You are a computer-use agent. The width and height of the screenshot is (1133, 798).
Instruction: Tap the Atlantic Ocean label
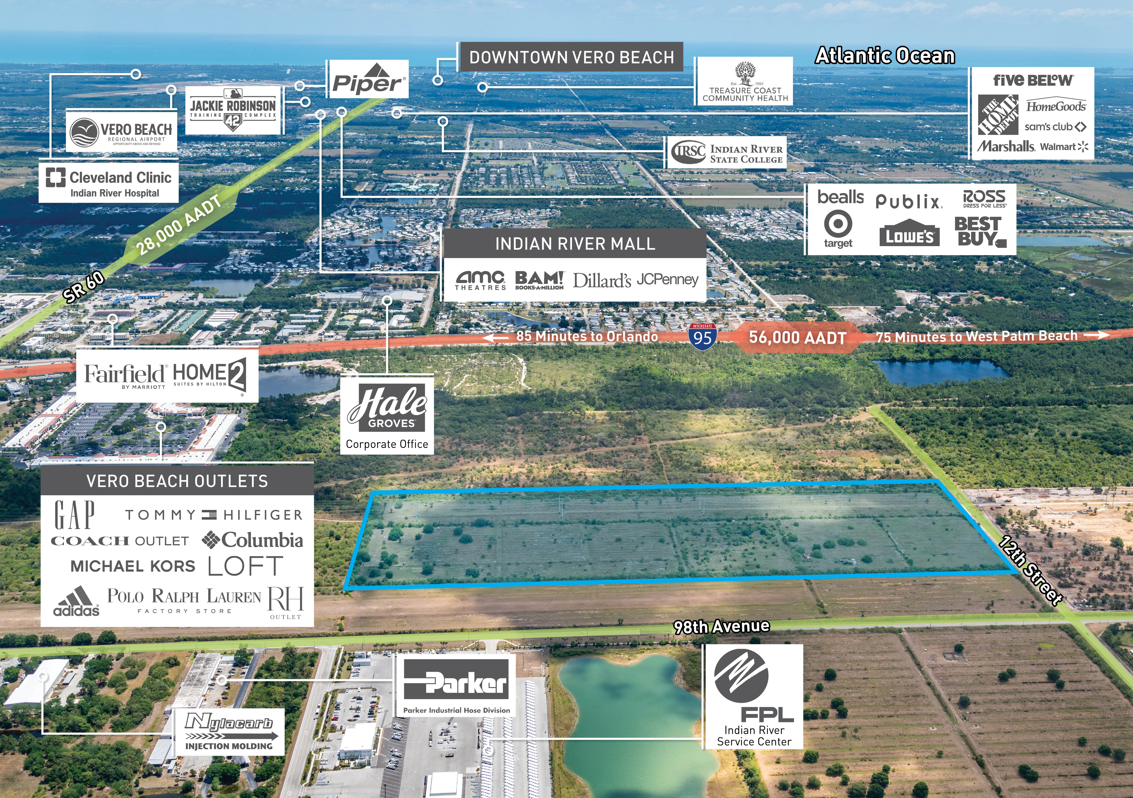click(x=885, y=56)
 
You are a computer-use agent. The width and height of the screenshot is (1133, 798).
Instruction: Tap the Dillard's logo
click(x=602, y=280)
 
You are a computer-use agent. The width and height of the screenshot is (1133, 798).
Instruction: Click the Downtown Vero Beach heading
click(x=571, y=58)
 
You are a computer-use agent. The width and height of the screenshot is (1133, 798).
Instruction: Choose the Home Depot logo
click(x=998, y=114)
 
